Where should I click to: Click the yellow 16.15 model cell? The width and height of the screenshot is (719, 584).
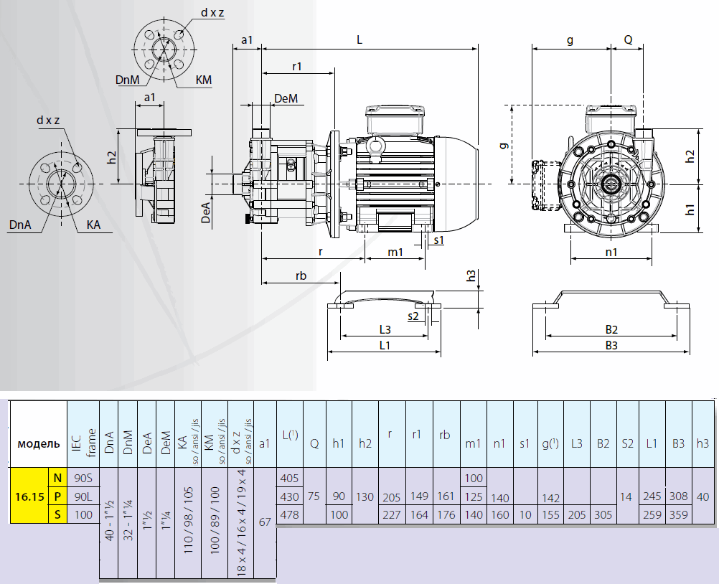point(28,496)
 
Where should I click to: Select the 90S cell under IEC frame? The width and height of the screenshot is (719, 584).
point(83,478)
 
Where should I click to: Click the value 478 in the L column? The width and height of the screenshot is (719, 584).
point(289,514)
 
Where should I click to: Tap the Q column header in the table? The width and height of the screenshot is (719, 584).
point(314,443)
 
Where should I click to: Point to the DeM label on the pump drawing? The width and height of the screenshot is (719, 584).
point(286,98)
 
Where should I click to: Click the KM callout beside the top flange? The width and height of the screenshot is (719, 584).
point(204,80)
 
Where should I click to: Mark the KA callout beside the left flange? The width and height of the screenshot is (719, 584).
point(93,225)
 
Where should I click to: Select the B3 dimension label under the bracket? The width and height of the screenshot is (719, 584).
point(611,345)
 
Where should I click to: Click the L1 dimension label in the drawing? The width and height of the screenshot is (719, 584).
point(384,345)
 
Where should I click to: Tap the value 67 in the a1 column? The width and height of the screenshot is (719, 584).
point(264,522)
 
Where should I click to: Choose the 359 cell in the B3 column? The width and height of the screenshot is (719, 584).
point(678,514)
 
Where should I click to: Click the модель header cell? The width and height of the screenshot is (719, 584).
point(38,443)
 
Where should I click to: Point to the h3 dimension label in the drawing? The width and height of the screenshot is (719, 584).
point(471,275)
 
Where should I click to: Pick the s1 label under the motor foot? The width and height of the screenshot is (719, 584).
point(438,240)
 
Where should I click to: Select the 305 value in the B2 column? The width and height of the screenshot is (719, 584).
point(603,514)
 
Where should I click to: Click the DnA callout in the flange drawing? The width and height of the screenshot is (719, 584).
point(20,225)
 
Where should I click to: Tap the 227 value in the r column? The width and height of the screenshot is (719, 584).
point(392,514)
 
